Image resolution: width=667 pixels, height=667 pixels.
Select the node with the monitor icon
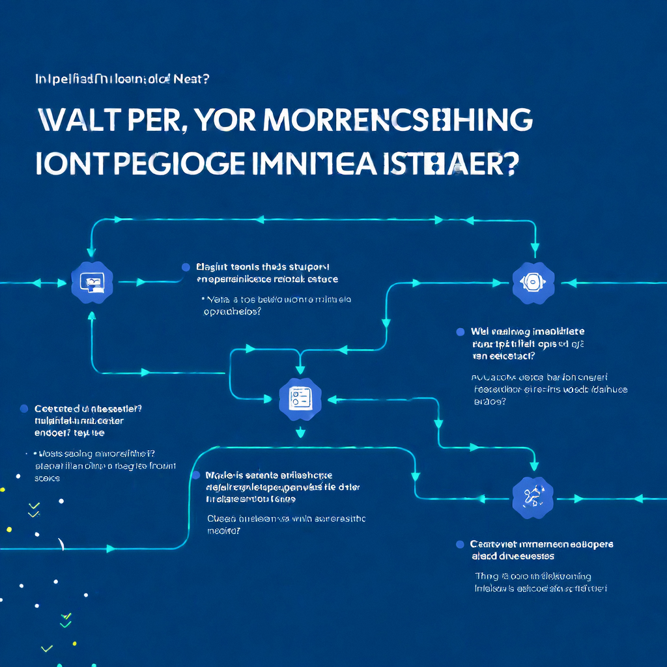[91, 282]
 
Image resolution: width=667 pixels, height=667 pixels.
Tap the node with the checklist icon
[300, 398]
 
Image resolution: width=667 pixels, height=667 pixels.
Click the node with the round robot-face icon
[533, 282]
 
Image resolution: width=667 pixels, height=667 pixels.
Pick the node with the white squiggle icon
[533, 498]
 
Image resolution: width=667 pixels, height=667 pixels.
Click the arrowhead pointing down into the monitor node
[91, 250]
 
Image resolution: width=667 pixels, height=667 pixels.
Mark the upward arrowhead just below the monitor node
[91, 316]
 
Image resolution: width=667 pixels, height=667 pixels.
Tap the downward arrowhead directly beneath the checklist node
[300, 432]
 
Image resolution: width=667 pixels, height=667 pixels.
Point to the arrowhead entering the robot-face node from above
[533, 248]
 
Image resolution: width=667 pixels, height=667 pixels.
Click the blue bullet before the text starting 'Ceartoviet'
[460, 544]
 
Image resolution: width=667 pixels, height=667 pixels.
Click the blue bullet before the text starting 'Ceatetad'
[24, 408]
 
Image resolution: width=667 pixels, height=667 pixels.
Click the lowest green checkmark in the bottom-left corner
[46, 648]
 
